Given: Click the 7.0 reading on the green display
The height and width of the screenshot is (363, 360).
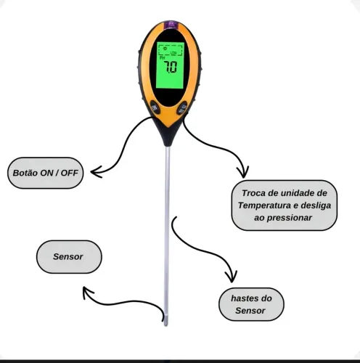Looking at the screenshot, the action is pos(171,67).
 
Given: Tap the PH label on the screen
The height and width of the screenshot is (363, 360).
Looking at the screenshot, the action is pos(163,58).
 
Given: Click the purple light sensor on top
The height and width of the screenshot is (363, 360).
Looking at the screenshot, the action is pos(171,24).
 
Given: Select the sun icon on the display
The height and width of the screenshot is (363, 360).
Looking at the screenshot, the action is pos(165,49).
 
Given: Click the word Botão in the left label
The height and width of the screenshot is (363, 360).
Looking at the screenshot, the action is pos(25,173).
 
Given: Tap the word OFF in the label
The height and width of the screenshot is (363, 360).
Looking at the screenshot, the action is pos(70,173).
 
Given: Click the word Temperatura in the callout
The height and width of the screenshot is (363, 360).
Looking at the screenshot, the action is pos(264,205).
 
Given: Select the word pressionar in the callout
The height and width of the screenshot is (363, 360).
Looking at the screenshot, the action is pos(290,218).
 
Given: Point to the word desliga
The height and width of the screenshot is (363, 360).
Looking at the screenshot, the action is pos(316,205).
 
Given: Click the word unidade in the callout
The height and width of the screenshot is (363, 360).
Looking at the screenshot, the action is pos(297,193).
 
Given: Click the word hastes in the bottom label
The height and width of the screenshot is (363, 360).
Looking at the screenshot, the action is pos(245,298).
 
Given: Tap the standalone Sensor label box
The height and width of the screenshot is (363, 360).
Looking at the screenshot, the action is pos(69,257).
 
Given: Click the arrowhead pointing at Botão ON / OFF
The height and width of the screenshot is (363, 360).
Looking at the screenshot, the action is pos(96,172).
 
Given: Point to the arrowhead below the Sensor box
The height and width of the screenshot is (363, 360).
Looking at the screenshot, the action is pos(86,291).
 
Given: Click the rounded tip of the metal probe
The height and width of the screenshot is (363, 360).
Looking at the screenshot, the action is pos(165,324).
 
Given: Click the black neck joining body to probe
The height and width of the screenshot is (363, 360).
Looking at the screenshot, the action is pos(168,136).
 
